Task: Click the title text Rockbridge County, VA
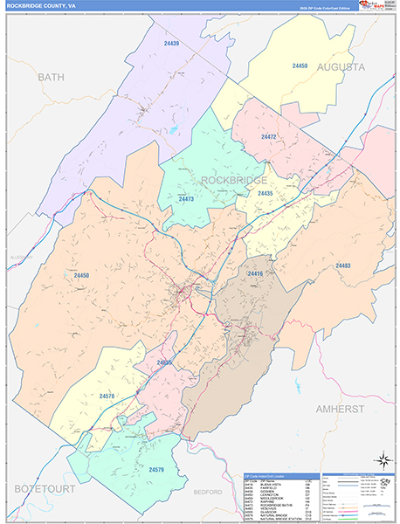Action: [x=44, y=5]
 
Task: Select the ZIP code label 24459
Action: [x=300, y=65]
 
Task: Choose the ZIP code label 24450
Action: [x=81, y=275]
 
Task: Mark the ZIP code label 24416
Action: [x=255, y=274]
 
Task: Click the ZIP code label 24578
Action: [x=107, y=396]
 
